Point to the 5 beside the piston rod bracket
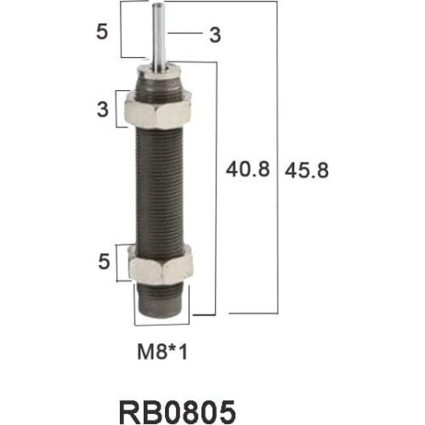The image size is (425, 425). tap(101, 32)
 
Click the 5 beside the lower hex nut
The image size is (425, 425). tap(104, 263)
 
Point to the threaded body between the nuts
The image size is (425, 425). tap(161, 187)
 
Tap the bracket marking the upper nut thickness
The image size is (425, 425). tap(120, 110)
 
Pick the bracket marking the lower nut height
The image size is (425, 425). tap(120, 263)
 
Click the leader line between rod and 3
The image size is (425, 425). tap(183, 33)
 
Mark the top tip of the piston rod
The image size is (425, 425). tap(159, 6)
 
